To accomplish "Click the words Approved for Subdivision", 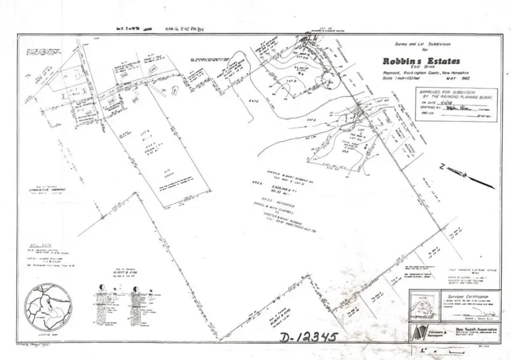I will tap(449, 91).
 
